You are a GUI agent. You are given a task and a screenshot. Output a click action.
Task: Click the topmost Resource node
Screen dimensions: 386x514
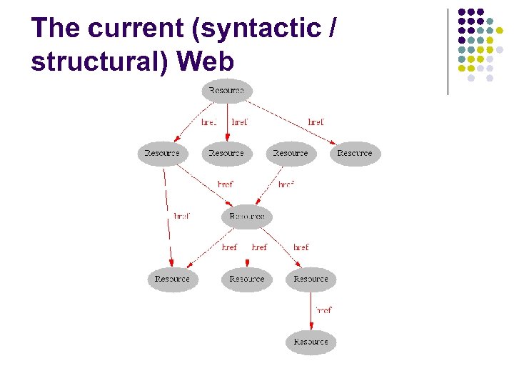tap(227, 91)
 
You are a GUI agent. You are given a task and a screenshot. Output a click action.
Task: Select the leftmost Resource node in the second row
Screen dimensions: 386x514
tap(162, 154)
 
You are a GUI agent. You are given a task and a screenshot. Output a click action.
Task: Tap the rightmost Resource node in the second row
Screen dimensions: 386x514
tap(355, 154)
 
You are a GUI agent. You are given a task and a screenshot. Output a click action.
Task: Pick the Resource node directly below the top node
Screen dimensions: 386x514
tap(226, 154)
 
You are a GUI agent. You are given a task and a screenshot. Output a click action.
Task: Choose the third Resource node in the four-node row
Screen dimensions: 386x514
tap(291, 154)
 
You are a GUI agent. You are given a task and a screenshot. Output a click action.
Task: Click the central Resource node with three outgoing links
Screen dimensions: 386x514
tap(247, 216)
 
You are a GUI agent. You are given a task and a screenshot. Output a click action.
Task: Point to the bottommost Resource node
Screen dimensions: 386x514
tap(311, 342)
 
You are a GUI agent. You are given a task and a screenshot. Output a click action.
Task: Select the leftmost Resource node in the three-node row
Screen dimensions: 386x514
tap(173, 279)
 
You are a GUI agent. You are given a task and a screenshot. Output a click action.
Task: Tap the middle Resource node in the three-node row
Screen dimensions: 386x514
tap(247, 279)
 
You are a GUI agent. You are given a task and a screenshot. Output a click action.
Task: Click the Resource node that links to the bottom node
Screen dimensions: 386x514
tap(311, 279)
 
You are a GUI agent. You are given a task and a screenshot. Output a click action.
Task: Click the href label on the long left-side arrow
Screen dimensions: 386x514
tap(182, 216)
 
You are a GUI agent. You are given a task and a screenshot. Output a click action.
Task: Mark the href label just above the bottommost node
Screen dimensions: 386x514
tap(323, 310)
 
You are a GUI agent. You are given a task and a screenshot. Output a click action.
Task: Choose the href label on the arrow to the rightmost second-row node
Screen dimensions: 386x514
tap(316, 122)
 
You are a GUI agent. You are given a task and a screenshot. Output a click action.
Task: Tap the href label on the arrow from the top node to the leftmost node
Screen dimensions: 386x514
tap(208, 122)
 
